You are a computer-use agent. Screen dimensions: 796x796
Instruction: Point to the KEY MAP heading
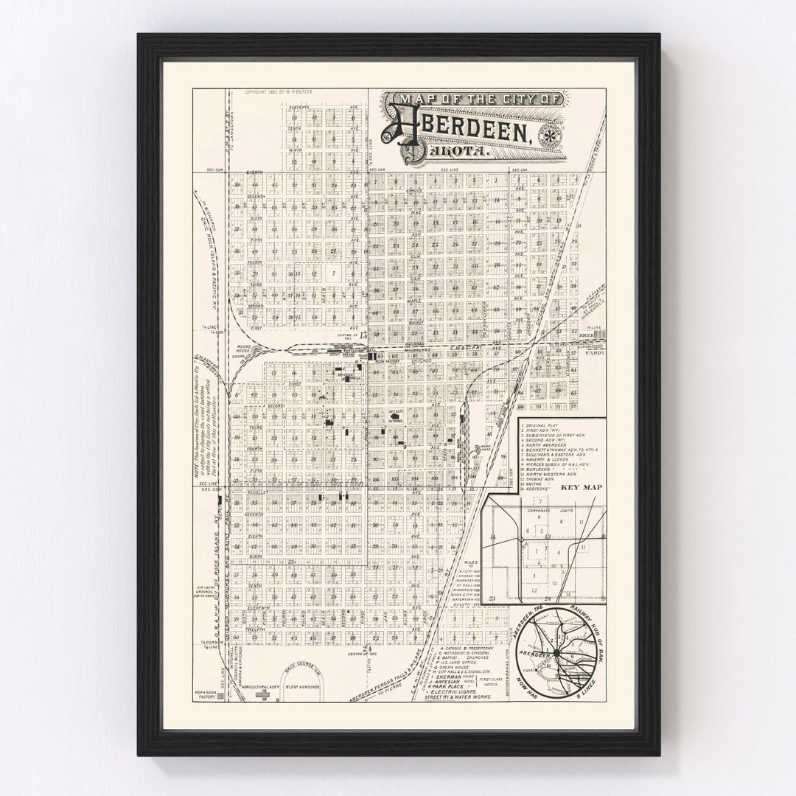(560, 488)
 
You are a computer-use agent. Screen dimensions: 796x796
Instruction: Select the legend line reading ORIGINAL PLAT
(546, 425)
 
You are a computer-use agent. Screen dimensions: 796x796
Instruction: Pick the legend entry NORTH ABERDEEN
(548, 445)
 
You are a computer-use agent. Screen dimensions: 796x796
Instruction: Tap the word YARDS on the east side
(594, 352)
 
